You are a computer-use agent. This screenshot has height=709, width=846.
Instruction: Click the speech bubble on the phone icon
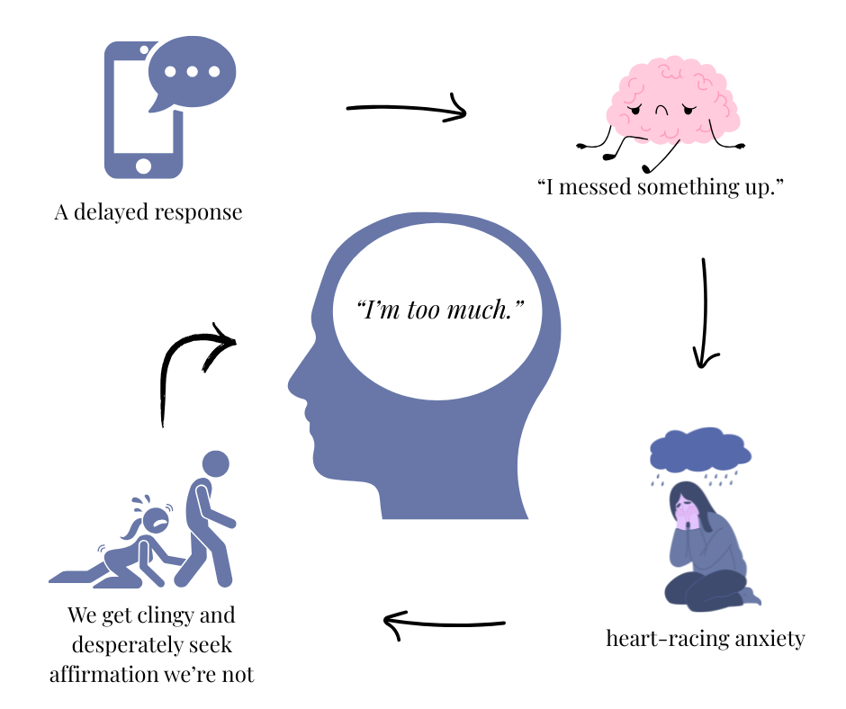[x=192, y=72]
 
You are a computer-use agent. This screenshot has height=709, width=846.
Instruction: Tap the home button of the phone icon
[x=143, y=166]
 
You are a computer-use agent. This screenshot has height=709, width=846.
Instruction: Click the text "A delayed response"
[x=148, y=213]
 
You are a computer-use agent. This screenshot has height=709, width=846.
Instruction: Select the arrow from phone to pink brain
[x=407, y=110]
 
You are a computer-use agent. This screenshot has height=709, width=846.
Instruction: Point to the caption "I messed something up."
[x=661, y=188]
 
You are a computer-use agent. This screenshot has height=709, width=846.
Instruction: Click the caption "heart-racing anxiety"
[x=705, y=639]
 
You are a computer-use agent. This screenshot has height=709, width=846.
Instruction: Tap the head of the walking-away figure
[x=216, y=464]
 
